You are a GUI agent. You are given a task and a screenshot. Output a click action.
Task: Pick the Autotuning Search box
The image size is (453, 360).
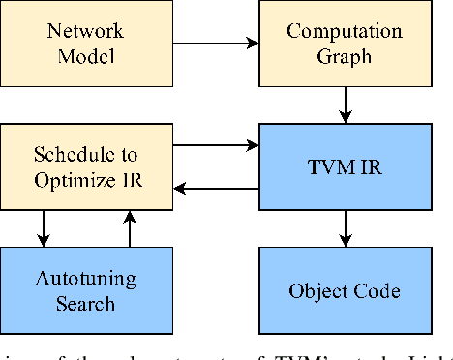(86, 289)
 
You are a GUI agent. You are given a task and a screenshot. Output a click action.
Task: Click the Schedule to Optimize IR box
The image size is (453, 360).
(86, 167)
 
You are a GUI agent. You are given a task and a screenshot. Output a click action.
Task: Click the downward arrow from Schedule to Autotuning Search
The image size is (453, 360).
(43, 228)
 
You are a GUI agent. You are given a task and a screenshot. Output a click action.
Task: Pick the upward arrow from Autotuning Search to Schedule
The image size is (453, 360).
(127, 228)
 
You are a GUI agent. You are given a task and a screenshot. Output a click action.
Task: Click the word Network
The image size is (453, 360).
(86, 30)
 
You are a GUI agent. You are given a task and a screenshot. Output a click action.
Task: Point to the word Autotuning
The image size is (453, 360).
(86, 279)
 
